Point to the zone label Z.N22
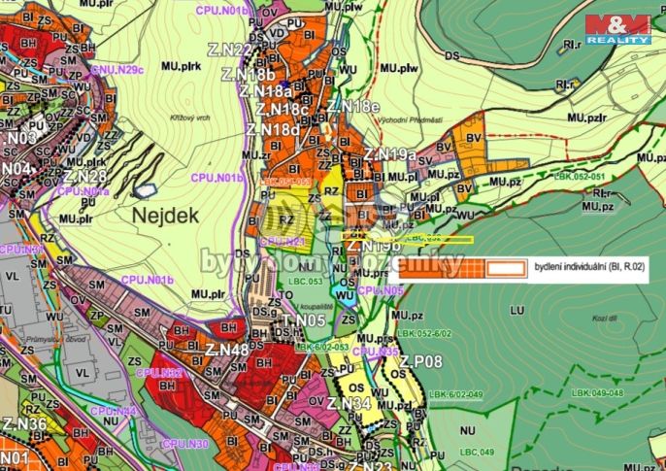point(230,50)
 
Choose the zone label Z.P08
point(419,362)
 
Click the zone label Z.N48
point(226,349)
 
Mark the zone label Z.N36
point(24,423)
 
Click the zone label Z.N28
point(84,176)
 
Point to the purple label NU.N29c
point(117,70)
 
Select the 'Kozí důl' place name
point(602,318)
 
